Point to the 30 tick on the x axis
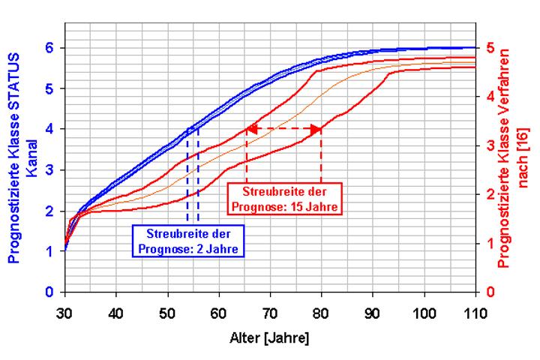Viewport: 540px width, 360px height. point(65,311)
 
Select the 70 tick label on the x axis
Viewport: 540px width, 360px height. point(271,311)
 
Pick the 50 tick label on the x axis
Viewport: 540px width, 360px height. point(168,311)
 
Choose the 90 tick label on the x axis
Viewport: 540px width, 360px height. point(373,311)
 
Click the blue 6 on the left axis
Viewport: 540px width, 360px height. point(49,48)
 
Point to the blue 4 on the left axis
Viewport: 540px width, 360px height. point(49,129)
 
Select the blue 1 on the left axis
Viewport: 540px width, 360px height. point(49,252)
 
